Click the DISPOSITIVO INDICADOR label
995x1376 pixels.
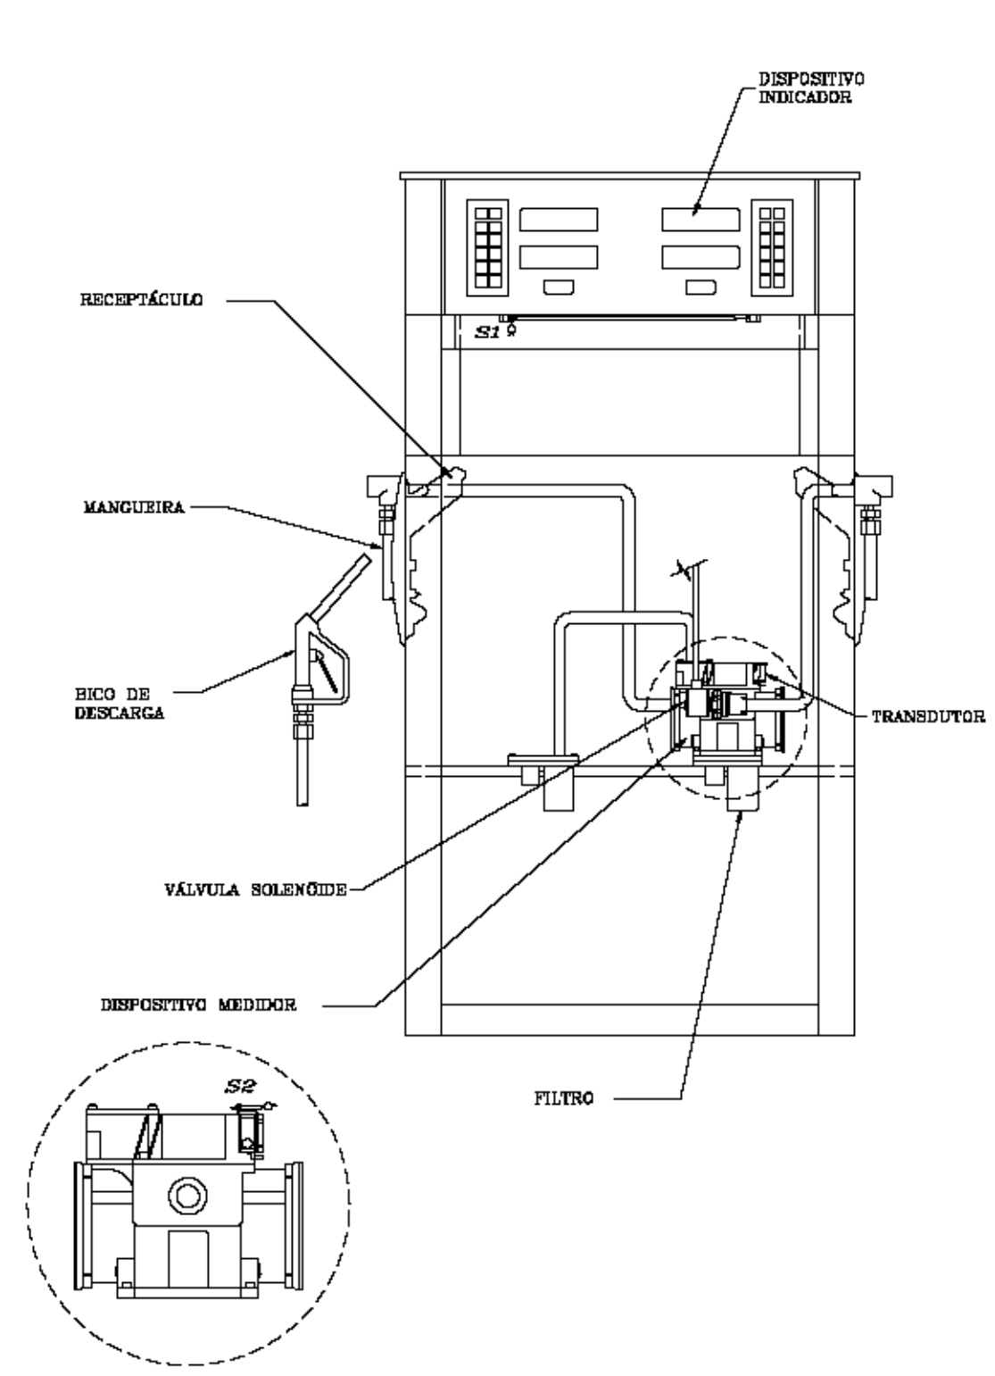point(811,88)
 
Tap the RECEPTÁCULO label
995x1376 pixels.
point(142,300)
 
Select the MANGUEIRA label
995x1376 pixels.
point(135,507)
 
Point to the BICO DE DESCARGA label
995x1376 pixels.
point(120,704)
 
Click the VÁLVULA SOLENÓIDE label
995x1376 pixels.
point(256,889)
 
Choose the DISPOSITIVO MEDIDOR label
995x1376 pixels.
point(199,1005)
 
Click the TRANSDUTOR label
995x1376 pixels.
point(929,717)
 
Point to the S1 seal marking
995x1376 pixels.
point(488,332)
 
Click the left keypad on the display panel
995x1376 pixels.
point(487,247)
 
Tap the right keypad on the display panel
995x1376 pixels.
point(772,247)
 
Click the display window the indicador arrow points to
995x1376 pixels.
point(701,220)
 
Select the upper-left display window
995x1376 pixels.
point(559,220)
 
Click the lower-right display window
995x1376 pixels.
point(701,257)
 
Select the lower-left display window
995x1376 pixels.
point(559,257)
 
